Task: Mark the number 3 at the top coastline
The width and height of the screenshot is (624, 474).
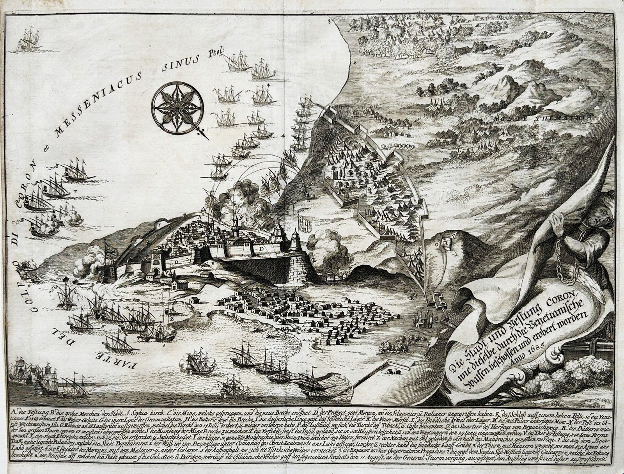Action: (x=329, y=22)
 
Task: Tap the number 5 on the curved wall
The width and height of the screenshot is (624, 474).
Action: (x=159, y=224)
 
